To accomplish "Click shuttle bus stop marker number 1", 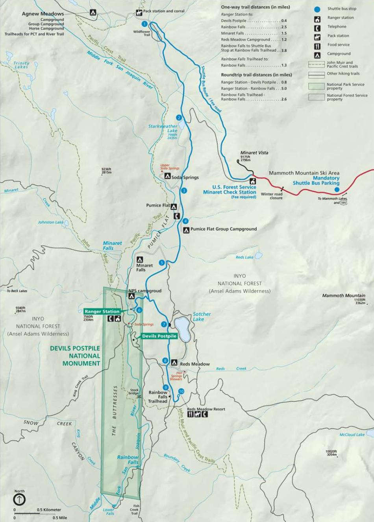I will click(x=144, y=24).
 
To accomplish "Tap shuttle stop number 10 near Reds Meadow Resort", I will click(x=181, y=391).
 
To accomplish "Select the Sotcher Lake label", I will click(x=202, y=317).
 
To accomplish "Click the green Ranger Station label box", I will click(x=102, y=311).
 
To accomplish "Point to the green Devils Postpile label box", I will click(x=159, y=336).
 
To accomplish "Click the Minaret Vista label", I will click(x=254, y=153).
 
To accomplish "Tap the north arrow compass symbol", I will click(x=20, y=500).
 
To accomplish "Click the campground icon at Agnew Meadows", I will click(x=93, y=13).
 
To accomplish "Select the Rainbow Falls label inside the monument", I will click(x=128, y=459).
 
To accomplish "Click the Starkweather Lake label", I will click(x=163, y=128).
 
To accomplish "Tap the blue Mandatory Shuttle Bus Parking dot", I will click(x=336, y=190).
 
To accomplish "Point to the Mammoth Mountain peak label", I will click(x=343, y=295).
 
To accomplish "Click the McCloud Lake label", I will click(x=352, y=435).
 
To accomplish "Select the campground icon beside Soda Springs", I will click(x=167, y=177).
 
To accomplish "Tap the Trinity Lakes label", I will click(x=21, y=65).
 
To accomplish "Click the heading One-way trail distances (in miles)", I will click(x=255, y=7).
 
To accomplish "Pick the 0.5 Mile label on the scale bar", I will click(x=60, y=518).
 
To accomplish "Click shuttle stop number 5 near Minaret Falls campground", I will click(x=161, y=262).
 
